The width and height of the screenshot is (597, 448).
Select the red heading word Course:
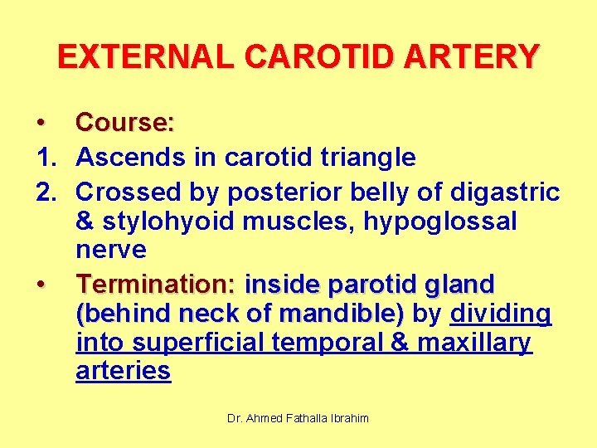(x=125, y=123)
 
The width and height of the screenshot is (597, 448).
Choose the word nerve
(x=110, y=250)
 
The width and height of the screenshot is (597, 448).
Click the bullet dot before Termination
(x=41, y=285)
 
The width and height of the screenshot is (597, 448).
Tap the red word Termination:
(x=156, y=285)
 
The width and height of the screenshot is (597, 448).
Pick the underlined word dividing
(x=501, y=314)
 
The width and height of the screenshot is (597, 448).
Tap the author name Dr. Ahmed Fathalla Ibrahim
(x=298, y=419)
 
